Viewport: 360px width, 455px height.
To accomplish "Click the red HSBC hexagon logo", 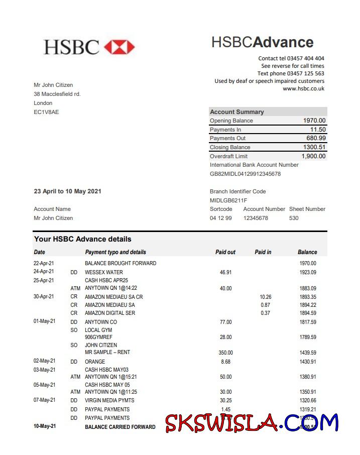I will tap(119, 47).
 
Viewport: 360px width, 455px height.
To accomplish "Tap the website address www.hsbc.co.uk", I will tap(303, 88).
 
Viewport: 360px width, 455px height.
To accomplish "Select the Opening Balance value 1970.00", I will tap(314, 121).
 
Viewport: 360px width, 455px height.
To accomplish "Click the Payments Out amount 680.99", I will tap(316, 138).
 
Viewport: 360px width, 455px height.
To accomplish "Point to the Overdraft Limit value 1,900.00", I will tap(313, 156).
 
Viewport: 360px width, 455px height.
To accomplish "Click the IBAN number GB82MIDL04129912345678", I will tap(245, 174).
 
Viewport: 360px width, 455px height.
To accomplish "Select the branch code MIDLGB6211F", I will tap(228, 200).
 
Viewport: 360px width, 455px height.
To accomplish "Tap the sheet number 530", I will tap(294, 218).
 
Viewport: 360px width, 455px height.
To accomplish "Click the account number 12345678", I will tap(256, 218).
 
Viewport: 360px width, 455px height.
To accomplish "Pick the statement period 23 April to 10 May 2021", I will tap(67, 191).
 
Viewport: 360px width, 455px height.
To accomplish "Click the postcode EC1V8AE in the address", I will tap(46, 112).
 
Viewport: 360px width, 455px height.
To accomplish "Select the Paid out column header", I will tap(225, 252).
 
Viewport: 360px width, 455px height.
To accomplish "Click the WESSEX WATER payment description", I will tap(103, 272).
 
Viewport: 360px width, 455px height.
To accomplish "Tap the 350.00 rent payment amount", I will tap(225, 353).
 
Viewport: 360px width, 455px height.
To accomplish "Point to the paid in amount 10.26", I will tap(266, 297).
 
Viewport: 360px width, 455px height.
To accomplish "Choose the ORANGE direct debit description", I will tap(95, 362).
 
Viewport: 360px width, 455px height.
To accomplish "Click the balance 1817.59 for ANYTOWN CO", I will tap(307, 322).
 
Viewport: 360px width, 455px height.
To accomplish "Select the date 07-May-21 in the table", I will tap(44, 400).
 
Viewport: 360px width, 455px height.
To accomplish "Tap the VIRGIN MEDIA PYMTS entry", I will tap(109, 400).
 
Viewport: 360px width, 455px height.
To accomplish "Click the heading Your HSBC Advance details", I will tap(82, 239).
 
